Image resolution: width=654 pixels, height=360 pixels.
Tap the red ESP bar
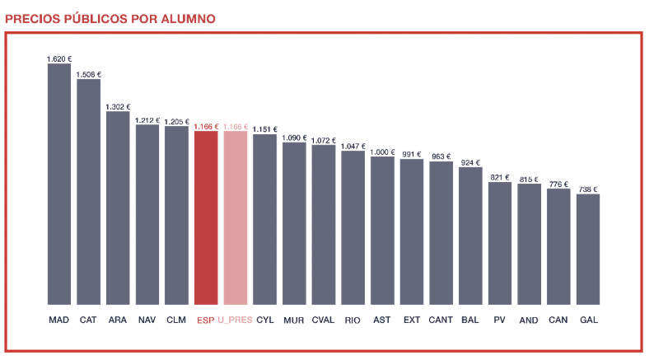coord(206,217)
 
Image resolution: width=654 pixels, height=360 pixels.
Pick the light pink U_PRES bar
coord(235,217)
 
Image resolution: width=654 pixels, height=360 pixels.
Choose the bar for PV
coord(500,243)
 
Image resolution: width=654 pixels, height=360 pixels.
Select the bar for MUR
coord(294,223)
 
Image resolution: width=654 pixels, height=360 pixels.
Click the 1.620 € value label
coord(58,58)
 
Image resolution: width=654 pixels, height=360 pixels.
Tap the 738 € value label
coord(588,189)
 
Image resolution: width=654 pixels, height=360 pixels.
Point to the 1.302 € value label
coord(118,106)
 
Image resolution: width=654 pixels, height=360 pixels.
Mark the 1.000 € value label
coord(382,152)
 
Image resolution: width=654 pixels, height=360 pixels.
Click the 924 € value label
coord(470,162)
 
